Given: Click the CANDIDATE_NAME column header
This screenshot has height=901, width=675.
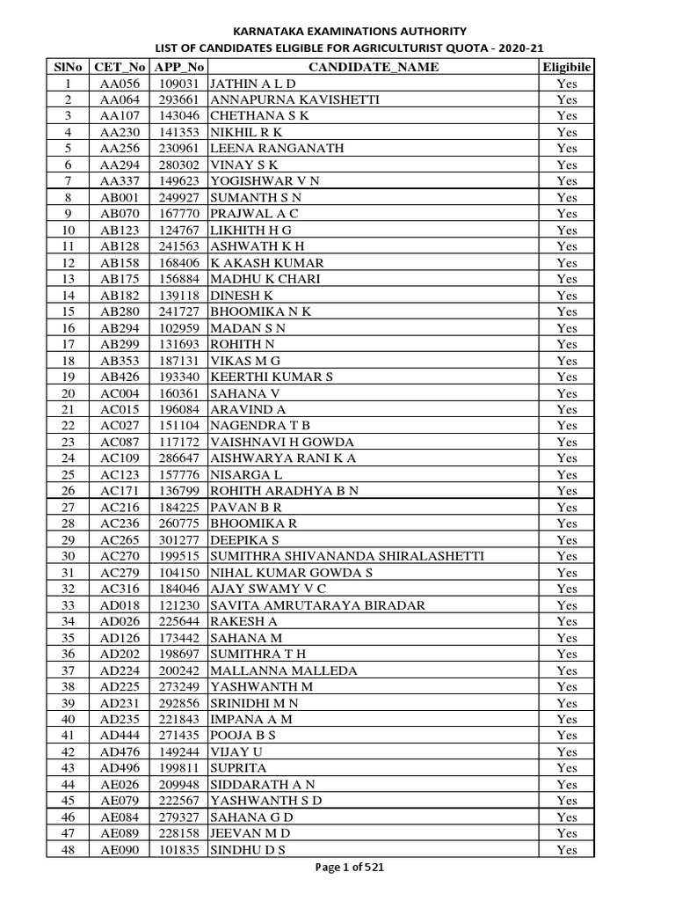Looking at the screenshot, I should [x=374, y=67].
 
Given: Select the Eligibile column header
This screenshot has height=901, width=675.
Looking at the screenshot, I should [x=567, y=67].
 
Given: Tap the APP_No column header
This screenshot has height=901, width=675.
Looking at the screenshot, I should [x=179, y=67].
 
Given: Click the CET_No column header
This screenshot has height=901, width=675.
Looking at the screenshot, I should [x=119, y=67].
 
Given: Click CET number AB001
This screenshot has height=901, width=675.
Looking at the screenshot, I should [x=119, y=197].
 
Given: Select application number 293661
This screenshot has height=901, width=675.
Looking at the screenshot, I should [x=179, y=99].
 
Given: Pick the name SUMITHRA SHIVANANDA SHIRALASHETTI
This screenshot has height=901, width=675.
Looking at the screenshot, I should [x=347, y=556].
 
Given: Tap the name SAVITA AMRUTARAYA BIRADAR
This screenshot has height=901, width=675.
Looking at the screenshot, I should [x=317, y=605].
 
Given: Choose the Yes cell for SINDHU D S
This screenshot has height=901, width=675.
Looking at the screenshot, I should [x=567, y=850].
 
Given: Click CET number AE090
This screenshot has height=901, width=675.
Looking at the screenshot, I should [x=119, y=850].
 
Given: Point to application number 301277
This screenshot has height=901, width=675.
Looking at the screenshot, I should [x=179, y=539].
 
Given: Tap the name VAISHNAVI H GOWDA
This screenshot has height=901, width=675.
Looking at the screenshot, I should [x=282, y=442].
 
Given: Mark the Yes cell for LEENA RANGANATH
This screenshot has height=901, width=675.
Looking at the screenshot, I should [x=567, y=149].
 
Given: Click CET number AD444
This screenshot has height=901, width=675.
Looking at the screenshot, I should [x=119, y=736].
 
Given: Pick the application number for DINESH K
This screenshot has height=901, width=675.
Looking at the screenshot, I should [x=179, y=296].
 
